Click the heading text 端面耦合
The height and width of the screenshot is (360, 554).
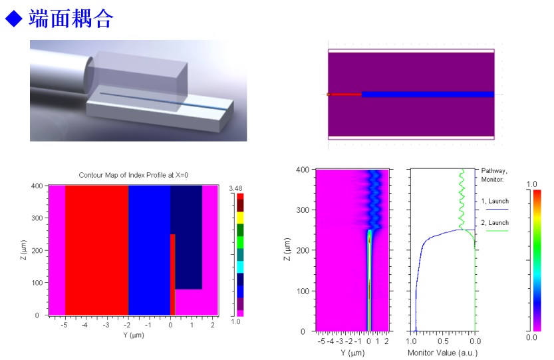pos(71,18)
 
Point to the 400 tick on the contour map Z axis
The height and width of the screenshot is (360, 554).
pos(37,186)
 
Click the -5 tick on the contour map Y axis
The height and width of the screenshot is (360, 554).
pos(64,325)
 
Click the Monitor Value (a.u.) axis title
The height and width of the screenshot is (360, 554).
pos(442,352)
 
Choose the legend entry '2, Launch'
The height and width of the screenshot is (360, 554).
pos(495,222)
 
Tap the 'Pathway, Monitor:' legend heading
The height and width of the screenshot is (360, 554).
pos(493,175)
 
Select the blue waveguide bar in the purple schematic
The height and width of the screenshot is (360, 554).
pos(428,94)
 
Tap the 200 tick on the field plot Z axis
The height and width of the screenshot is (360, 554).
pos(303,250)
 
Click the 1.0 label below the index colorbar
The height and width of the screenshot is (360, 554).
pos(235,321)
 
